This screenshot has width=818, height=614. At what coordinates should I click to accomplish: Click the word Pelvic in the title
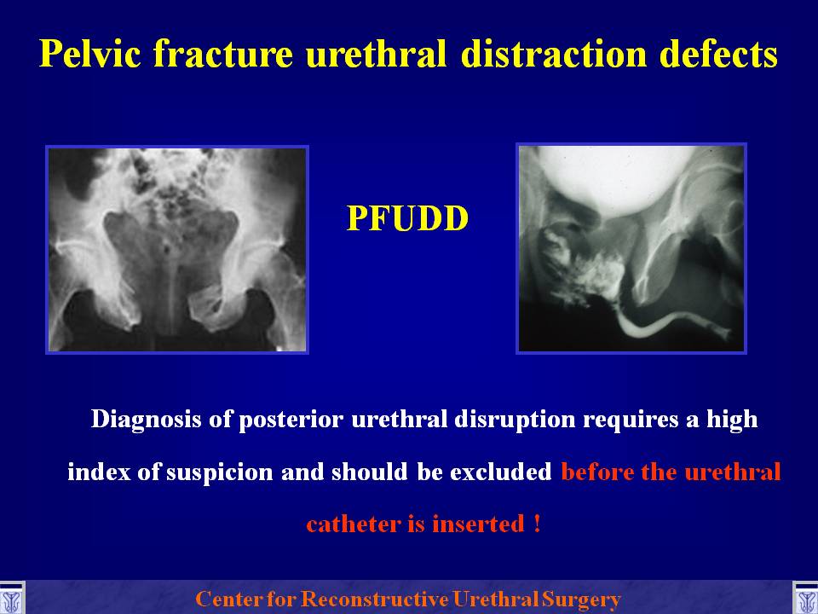click(x=90, y=53)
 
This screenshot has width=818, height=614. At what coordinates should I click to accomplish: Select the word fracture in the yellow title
click(x=222, y=53)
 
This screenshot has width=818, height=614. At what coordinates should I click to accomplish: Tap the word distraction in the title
click(x=554, y=53)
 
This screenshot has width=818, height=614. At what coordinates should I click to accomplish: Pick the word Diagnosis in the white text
click(x=146, y=420)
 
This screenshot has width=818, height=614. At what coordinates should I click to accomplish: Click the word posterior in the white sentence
click(x=291, y=420)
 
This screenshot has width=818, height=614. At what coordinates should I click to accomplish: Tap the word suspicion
click(x=220, y=472)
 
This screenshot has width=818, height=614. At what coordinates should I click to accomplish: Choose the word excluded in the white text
click(x=500, y=472)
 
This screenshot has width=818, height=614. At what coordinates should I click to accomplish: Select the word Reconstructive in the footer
click(x=375, y=599)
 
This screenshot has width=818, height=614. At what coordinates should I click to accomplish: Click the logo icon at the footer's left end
click(x=11, y=597)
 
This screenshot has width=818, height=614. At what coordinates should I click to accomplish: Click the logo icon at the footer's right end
click(x=805, y=597)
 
